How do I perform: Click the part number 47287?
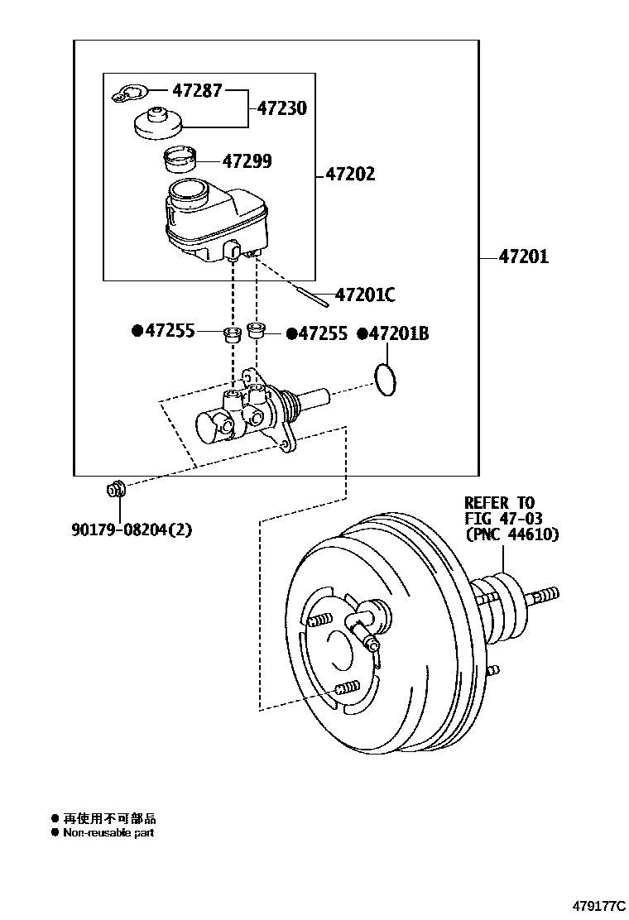click(196, 90)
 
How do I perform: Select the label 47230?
click(281, 108)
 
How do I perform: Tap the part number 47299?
click(247, 161)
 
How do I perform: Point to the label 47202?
click(349, 175)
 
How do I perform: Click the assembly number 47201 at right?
click(523, 257)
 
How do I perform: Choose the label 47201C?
click(365, 295)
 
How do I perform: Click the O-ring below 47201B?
click(384, 379)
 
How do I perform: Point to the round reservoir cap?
click(155, 123)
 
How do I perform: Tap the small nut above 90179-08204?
click(115, 490)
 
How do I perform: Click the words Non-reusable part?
click(108, 833)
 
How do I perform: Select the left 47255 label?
click(170, 331)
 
